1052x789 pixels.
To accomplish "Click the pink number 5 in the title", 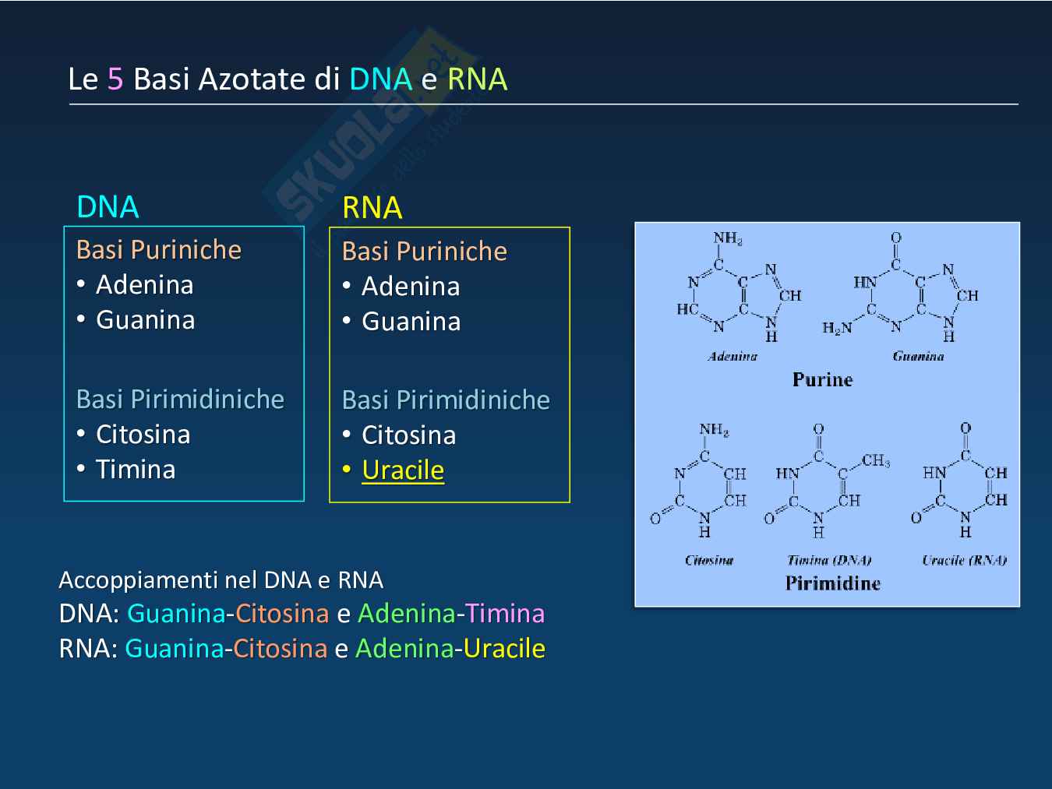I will click(x=115, y=79).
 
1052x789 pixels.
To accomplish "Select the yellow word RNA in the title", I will click(x=477, y=79).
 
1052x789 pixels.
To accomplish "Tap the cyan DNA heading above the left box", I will click(x=108, y=207).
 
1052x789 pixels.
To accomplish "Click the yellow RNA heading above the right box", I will click(x=372, y=208).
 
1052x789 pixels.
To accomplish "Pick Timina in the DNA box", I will click(x=135, y=470).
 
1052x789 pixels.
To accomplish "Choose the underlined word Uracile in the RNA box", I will click(x=403, y=470).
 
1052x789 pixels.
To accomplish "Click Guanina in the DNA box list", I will click(x=145, y=320).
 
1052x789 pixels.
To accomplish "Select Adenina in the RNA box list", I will click(x=411, y=287).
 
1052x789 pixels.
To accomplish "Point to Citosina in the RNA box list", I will click(x=408, y=435).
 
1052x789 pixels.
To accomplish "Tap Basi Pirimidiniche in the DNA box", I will click(x=180, y=400).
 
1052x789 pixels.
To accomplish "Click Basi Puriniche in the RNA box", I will click(x=424, y=252).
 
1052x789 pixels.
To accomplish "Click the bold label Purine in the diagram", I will click(x=822, y=380).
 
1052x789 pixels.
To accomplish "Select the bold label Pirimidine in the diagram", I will click(x=832, y=583).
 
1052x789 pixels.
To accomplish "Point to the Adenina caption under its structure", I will click(x=732, y=357).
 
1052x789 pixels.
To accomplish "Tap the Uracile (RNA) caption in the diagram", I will click(x=964, y=560).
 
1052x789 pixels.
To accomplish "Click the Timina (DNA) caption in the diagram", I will click(x=829, y=560).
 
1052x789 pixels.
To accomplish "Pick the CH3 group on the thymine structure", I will click(x=876, y=461).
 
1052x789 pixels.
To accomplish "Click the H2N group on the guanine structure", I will click(x=837, y=328).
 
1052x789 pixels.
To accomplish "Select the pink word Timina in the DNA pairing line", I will click(x=505, y=614).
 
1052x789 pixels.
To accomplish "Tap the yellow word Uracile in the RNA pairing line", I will click(x=504, y=649).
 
